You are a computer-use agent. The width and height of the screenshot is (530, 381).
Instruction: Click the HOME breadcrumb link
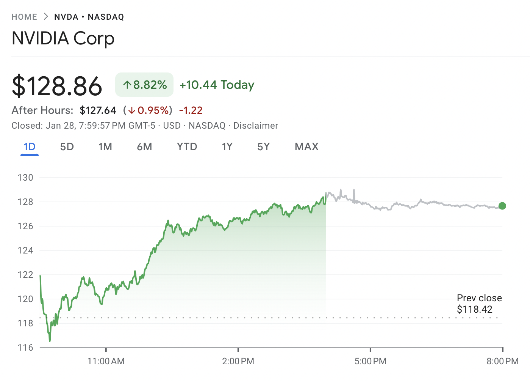click(24, 17)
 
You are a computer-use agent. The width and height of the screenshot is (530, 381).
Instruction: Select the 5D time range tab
click(67, 147)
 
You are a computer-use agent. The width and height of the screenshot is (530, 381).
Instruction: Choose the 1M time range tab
click(105, 147)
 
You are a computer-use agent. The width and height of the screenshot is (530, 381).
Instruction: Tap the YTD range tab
click(187, 147)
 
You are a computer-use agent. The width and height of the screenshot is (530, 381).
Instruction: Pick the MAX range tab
click(306, 147)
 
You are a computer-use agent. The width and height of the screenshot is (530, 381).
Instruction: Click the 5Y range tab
click(263, 147)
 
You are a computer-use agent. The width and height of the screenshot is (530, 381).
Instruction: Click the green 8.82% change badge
click(144, 85)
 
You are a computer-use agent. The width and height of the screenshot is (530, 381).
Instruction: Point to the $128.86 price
click(57, 86)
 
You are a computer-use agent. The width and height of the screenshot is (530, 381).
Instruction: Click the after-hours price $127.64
click(98, 110)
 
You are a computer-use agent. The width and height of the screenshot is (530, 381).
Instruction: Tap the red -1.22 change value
click(191, 110)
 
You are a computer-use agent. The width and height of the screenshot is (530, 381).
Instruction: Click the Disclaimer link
click(256, 126)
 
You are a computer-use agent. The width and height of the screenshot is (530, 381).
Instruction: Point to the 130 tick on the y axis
click(25, 178)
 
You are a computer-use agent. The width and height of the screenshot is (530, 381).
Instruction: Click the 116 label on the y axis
click(25, 348)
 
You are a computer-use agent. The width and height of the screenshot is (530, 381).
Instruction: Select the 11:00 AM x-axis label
click(106, 361)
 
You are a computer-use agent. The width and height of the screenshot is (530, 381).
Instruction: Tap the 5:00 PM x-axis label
click(370, 361)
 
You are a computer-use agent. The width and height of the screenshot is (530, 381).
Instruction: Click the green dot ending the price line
click(502, 206)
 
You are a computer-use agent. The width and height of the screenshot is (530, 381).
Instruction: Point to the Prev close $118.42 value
click(474, 309)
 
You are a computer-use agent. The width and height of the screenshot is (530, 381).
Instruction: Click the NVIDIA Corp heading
click(63, 39)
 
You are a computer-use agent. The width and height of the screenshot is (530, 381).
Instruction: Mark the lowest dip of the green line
click(50, 341)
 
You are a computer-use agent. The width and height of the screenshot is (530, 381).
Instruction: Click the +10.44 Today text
click(217, 85)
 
